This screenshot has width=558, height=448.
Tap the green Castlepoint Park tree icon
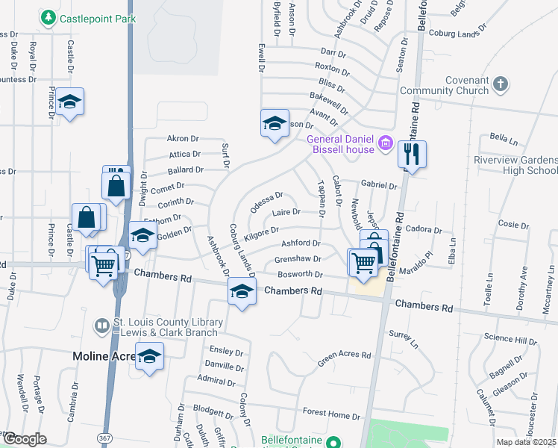[49, 16]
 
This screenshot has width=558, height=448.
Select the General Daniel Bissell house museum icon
[385, 143]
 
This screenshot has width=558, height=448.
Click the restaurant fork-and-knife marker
[412, 155]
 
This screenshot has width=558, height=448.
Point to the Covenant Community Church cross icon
[501, 82]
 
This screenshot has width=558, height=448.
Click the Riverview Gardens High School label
[515, 165]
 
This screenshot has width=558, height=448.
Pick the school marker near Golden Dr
[142, 235]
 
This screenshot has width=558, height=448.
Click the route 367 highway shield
[127, 255]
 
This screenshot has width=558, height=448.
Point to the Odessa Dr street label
[266, 202]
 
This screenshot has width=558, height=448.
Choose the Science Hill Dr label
[510, 340]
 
